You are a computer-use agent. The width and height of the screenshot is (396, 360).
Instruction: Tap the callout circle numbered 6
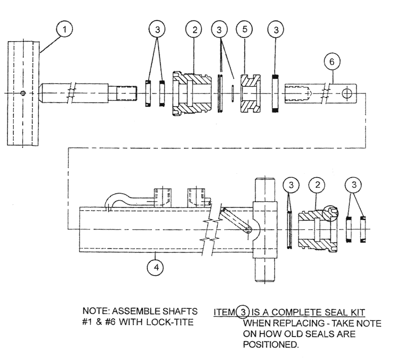coord(332,61)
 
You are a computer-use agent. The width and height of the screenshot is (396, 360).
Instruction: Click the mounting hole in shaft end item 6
coord(347,94)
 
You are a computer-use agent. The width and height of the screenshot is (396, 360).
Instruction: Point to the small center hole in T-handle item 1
coord(23,94)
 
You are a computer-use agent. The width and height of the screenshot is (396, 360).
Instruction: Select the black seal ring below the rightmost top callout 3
coord(276,94)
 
